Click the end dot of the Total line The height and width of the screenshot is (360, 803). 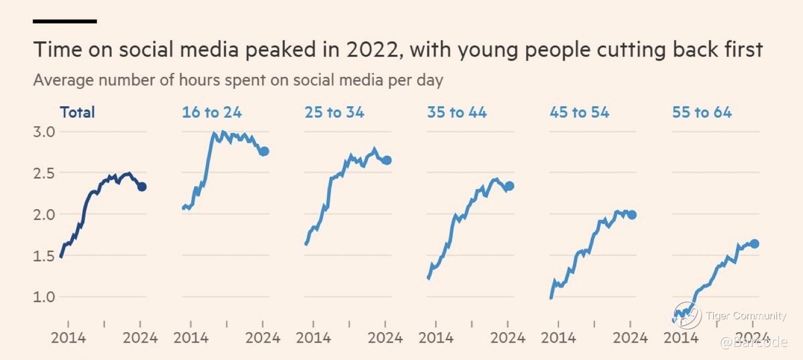(142, 187)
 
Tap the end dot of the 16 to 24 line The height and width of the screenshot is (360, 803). (264, 151)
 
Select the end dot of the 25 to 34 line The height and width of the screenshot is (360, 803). (387, 160)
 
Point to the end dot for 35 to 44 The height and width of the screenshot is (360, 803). (509, 186)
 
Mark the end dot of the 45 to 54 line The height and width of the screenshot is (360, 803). (632, 215)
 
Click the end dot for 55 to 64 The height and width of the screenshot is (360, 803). (755, 243)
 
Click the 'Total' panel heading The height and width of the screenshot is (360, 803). (77, 113)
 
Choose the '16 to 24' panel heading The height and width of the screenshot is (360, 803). (212, 113)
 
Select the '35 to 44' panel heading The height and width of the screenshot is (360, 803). (457, 113)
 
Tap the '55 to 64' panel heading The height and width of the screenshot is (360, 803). (702, 113)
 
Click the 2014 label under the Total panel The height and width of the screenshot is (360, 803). (68, 338)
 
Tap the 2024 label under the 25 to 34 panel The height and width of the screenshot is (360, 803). (386, 338)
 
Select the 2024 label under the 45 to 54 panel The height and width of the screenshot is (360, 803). (631, 338)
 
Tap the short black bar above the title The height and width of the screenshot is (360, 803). (65, 21)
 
